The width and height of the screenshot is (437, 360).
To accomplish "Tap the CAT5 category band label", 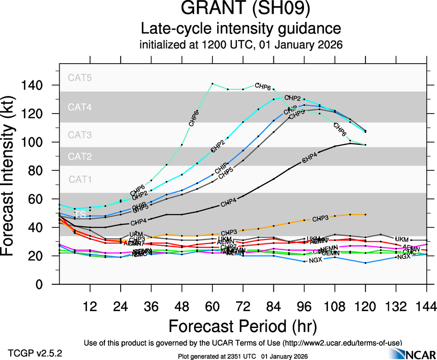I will coord(79,78).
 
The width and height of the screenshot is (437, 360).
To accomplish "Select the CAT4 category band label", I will coord(79,107).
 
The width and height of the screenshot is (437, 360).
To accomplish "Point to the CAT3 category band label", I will coord(79,135).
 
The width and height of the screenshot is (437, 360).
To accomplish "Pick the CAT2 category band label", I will coord(79,157).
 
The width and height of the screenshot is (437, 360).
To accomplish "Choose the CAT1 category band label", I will coord(79,179).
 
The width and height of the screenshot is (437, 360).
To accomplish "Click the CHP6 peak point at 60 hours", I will coord(212,84).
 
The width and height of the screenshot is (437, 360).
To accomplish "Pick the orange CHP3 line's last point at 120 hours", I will coord(365,215).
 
